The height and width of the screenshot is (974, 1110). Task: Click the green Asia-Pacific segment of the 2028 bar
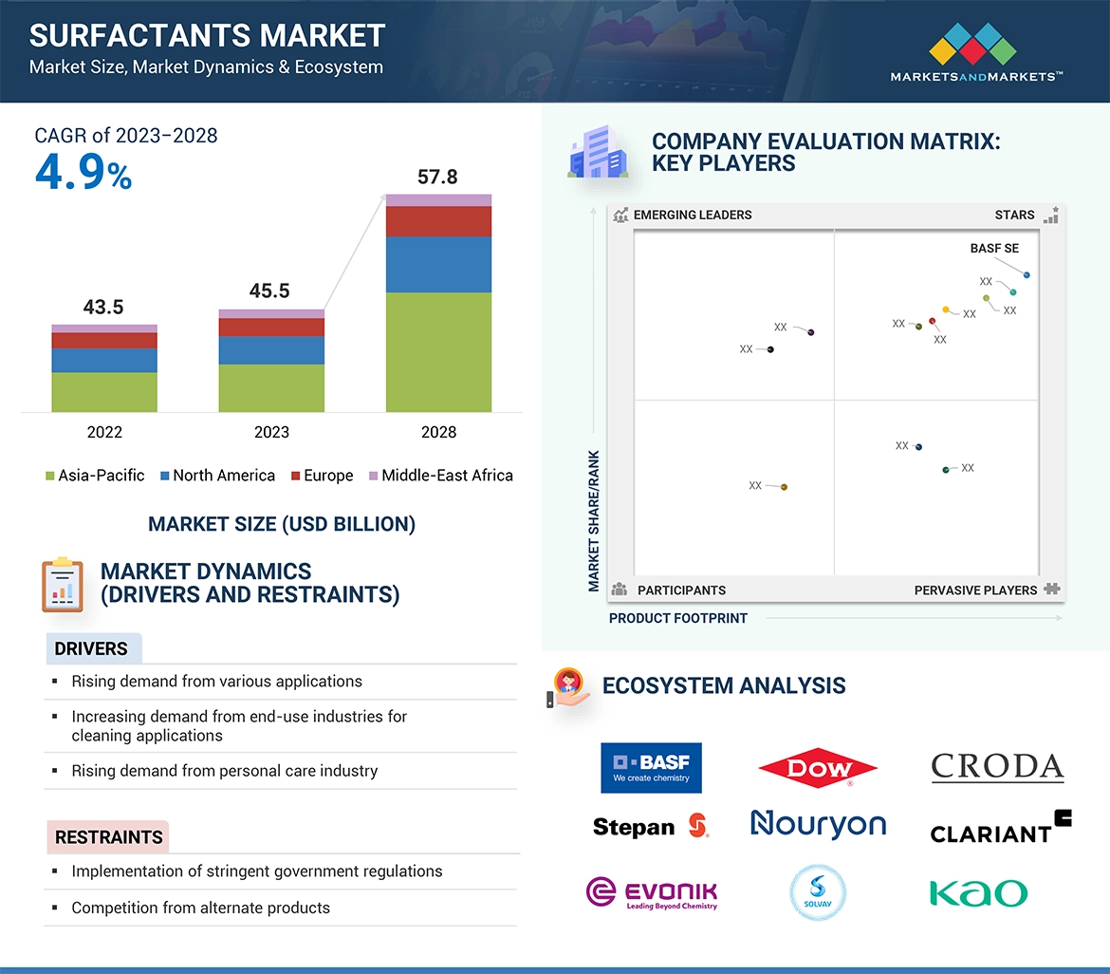(438, 351)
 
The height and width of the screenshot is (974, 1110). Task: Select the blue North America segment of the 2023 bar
(271, 350)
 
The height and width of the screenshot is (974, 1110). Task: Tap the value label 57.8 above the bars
(437, 177)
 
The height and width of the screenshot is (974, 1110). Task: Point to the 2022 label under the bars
(104, 432)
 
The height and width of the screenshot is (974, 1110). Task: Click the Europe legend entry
(322, 476)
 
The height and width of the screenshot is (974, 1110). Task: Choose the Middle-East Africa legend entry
(440, 476)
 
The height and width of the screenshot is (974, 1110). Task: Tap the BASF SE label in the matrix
(994, 249)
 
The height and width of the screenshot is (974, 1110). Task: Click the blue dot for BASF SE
(1027, 275)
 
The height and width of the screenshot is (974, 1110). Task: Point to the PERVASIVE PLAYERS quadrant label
(975, 590)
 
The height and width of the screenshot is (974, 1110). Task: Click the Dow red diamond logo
(818, 768)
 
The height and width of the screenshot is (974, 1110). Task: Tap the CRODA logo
(997, 767)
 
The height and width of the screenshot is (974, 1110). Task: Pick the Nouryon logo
(818, 824)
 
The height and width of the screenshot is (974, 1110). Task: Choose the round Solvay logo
(818, 892)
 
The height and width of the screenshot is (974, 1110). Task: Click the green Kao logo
(978, 893)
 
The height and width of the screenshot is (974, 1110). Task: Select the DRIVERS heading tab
(91, 649)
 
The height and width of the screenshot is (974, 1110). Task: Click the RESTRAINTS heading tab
(108, 837)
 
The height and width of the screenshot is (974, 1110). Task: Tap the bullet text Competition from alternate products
(201, 908)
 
